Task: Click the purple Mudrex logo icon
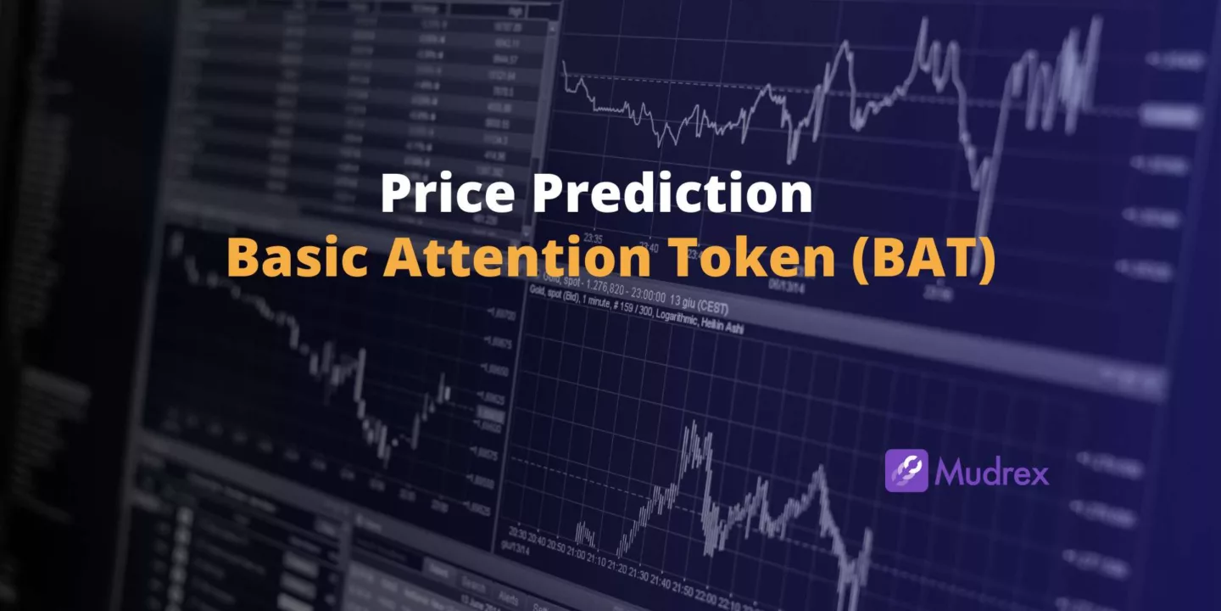pyautogui.click(x=906, y=471)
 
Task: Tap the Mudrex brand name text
pyautogui.click(x=992, y=472)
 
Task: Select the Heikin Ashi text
pyautogui.click(x=722, y=326)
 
